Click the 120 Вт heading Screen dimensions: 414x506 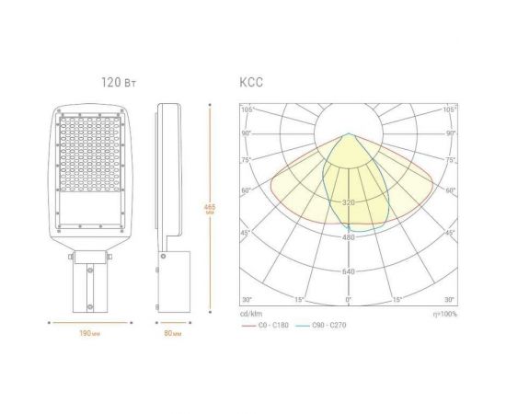(119, 82)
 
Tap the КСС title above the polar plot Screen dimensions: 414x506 (250, 82)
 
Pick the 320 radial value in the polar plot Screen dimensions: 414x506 (348, 202)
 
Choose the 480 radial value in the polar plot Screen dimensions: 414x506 (348, 237)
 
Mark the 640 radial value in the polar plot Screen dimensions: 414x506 (348, 271)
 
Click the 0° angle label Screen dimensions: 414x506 (348, 301)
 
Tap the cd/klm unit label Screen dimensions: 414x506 (249, 315)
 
